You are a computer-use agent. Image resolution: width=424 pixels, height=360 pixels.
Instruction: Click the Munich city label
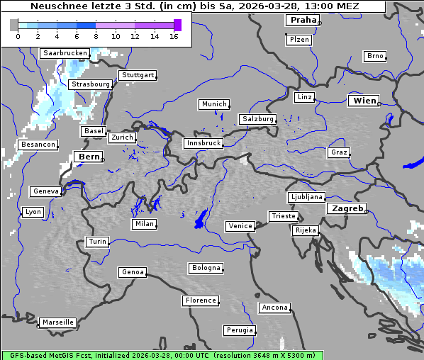(213, 104)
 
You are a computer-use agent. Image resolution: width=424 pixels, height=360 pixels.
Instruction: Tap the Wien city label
(364, 101)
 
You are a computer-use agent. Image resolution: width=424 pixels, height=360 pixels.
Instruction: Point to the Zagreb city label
(347, 208)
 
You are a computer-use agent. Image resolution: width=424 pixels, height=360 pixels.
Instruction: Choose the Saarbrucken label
(65, 53)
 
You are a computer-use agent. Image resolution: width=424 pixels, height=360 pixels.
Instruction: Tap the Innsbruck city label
(203, 143)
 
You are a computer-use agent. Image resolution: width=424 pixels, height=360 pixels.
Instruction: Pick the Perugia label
(239, 330)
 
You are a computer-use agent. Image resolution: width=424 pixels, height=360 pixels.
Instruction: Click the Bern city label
(89, 157)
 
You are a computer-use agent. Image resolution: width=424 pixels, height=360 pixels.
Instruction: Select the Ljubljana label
(306, 197)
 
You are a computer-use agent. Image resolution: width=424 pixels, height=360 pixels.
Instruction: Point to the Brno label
(374, 56)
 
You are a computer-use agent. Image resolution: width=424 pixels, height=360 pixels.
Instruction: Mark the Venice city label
(240, 226)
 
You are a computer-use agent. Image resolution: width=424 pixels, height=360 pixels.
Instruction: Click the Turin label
(97, 242)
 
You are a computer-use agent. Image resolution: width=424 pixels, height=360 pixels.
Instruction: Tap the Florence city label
(200, 300)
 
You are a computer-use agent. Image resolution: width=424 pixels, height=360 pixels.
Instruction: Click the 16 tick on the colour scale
(174, 35)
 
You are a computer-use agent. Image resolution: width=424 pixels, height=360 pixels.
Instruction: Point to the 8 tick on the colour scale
(96, 35)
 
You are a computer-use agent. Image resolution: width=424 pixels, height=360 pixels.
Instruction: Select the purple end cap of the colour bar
(177, 25)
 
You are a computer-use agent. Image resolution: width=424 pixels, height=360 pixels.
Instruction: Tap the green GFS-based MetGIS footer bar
(162, 355)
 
